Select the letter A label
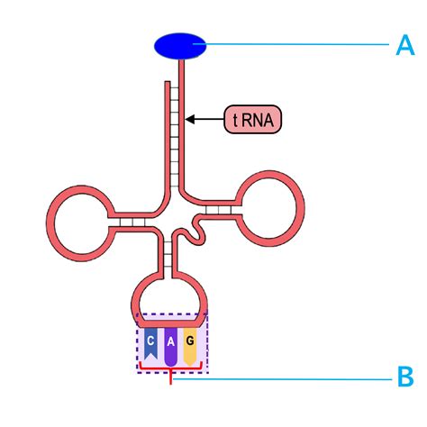tap(405, 46)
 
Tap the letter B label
tap(405, 377)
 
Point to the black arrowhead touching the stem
tap(191, 118)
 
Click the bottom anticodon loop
tap(171, 296)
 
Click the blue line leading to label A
tap(297, 45)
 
